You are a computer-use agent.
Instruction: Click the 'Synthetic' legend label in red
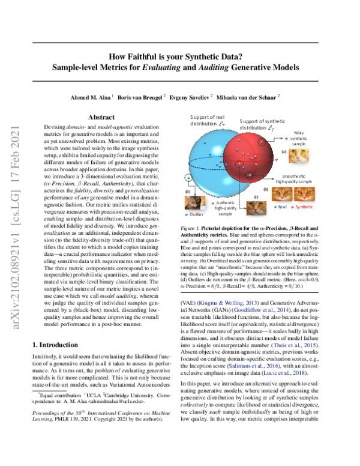[304, 206]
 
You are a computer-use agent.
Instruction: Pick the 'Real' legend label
[283, 206]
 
